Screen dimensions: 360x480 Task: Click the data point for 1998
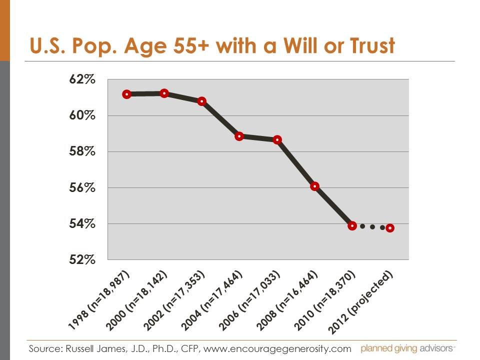(126, 94)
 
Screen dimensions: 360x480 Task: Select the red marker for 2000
(164, 93)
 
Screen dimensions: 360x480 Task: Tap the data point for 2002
(202, 101)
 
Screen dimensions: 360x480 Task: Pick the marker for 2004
(239, 136)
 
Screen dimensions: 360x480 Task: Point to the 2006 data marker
(277, 139)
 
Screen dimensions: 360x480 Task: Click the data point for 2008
(314, 186)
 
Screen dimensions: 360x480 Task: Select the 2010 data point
(352, 225)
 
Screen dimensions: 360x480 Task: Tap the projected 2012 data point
(390, 228)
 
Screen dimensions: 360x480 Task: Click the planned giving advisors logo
(408, 348)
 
